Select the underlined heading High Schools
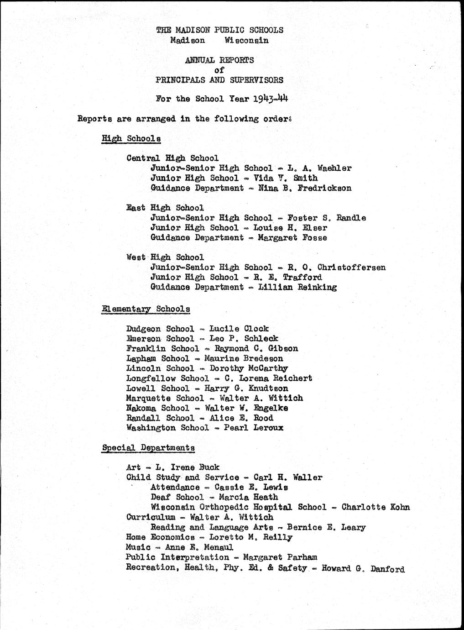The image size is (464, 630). click(x=131, y=138)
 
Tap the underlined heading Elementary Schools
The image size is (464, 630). click(x=146, y=309)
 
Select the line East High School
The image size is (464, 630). click(x=165, y=208)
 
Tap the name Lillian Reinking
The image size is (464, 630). click(x=297, y=287)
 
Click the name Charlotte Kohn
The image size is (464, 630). click(x=375, y=507)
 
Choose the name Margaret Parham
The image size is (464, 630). click(x=280, y=557)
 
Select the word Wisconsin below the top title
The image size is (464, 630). click(x=246, y=40)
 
